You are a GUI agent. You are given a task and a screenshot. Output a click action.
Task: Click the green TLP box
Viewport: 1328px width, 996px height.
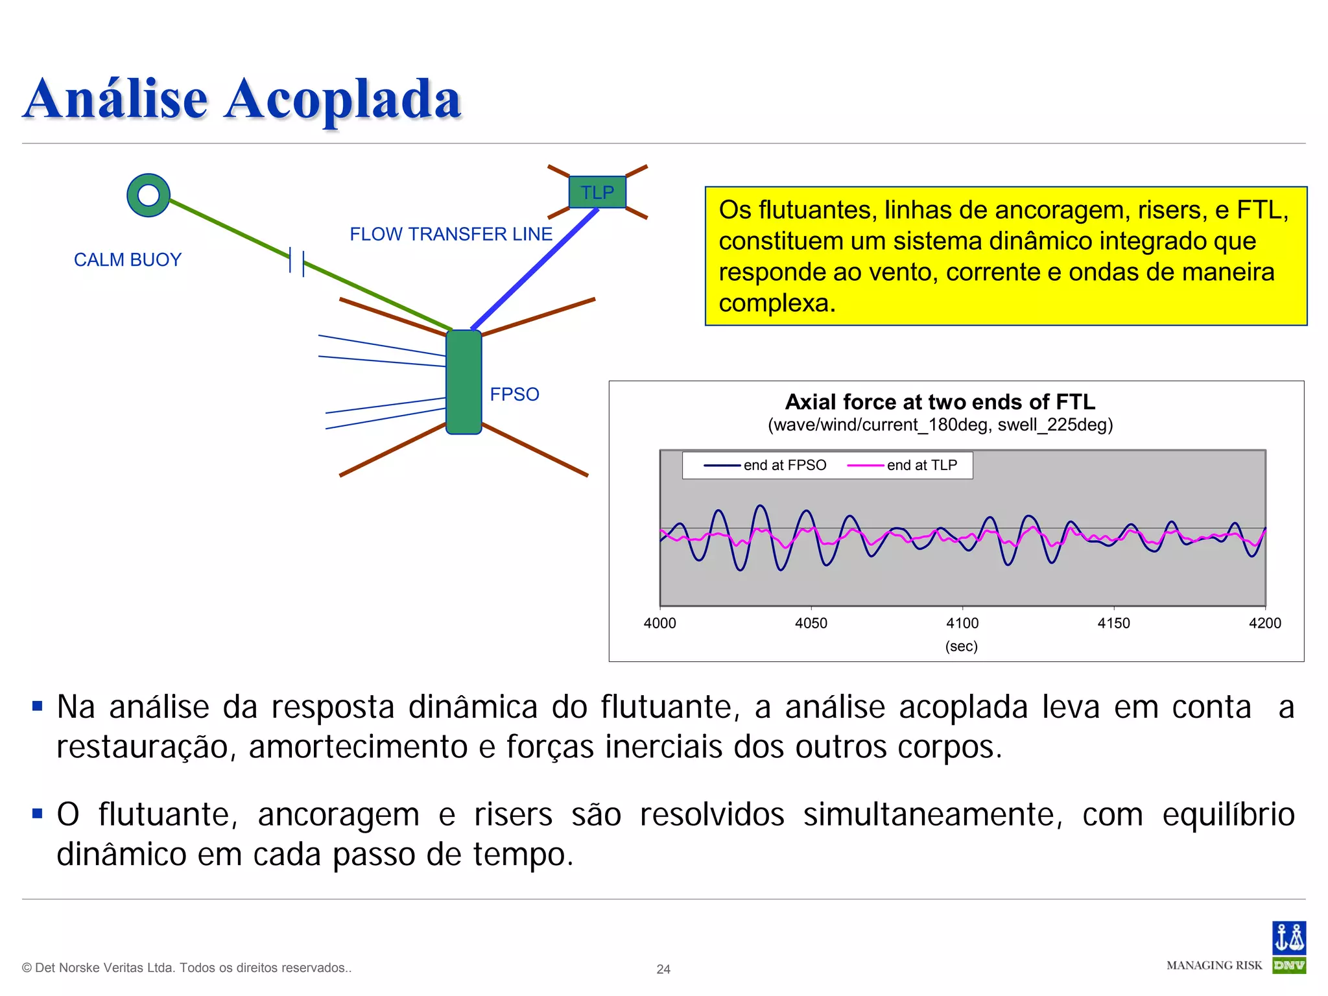[597, 192]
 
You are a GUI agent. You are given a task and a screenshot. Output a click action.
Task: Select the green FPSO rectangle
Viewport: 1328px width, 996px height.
[464, 382]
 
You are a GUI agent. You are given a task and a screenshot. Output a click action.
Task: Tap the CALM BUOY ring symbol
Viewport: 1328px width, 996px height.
[148, 195]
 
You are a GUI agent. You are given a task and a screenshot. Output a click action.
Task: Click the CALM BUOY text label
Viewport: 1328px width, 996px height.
[128, 260]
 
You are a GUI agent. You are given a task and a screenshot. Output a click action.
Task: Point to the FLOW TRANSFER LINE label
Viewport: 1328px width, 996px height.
[451, 234]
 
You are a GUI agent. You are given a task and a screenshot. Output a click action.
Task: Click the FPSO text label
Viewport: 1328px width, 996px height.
[514, 394]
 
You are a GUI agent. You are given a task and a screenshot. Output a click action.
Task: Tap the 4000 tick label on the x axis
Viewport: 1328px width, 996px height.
[659, 623]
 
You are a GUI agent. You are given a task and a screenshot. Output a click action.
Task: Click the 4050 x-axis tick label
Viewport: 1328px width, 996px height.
[811, 623]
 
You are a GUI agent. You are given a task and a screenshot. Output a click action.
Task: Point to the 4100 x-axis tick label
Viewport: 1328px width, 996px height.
[962, 623]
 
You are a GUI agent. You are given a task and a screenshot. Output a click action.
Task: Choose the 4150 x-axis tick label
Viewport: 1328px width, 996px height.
[1113, 623]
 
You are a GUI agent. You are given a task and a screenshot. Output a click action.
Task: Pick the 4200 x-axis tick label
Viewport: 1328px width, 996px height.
[1264, 623]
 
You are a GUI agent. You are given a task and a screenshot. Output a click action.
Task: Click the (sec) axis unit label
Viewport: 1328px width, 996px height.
[961, 646]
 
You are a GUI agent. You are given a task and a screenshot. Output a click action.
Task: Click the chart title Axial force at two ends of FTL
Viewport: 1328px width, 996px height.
[940, 402]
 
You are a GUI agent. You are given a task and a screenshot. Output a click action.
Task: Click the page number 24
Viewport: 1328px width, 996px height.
[663, 969]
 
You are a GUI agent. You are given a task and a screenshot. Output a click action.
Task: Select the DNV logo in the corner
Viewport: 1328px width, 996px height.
[1288, 947]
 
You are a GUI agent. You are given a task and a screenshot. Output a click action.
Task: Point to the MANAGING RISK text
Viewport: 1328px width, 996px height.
[1214, 966]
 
